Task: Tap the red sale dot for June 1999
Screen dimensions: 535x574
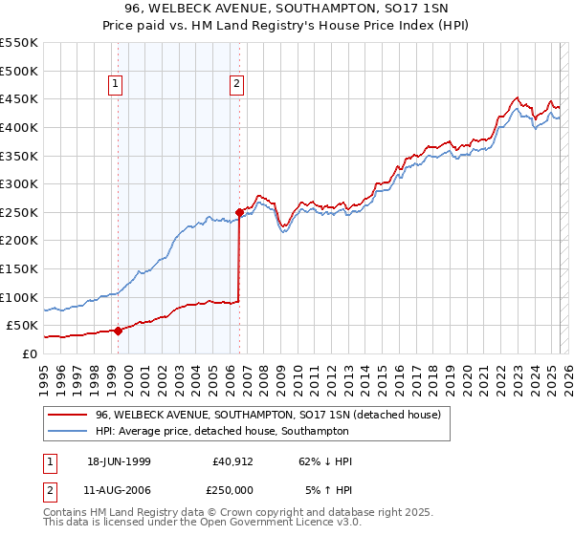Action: (118, 331)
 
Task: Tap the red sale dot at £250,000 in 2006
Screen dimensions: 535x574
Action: (239, 212)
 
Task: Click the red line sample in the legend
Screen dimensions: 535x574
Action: (67, 415)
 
